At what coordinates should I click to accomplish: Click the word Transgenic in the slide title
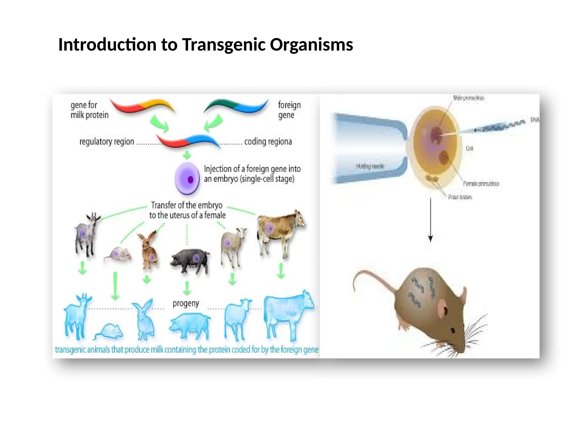click(224, 45)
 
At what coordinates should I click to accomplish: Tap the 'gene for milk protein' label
click(89, 110)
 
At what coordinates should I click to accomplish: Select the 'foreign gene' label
click(289, 110)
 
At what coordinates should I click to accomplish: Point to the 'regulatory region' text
click(107, 142)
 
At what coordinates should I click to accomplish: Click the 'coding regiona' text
click(268, 142)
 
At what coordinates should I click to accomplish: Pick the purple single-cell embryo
click(187, 178)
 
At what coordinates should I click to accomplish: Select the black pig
click(190, 260)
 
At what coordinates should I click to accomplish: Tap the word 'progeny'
click(186, 303)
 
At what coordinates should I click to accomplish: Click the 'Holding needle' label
click(370, 166)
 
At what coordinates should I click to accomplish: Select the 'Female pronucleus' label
click(481, 184)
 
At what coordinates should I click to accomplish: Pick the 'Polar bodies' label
click(460, 197)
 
